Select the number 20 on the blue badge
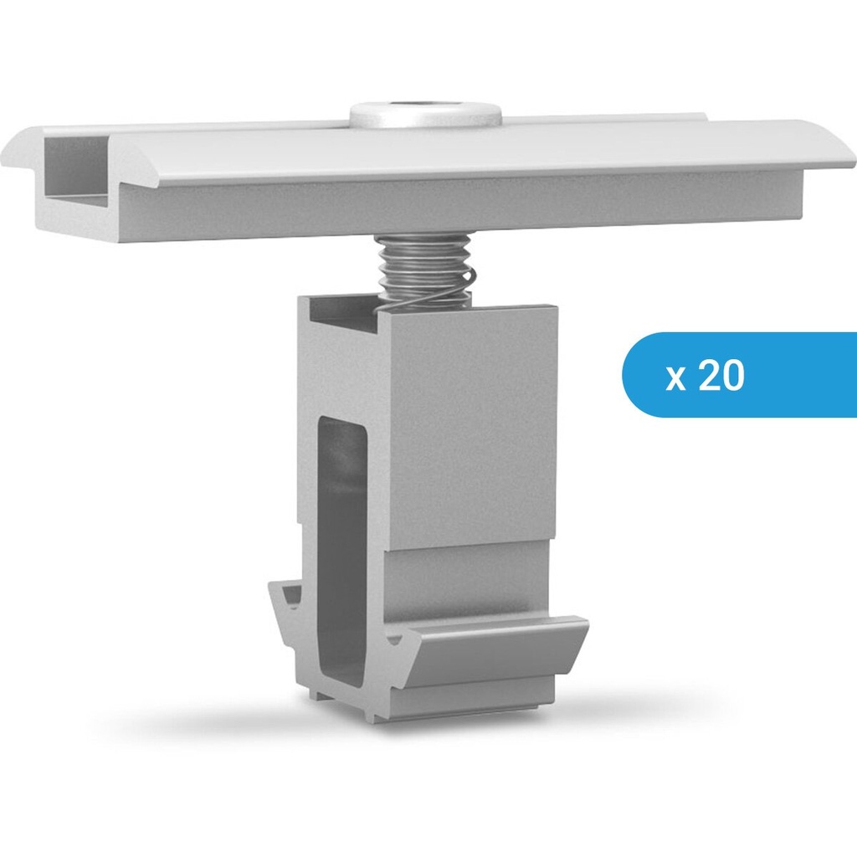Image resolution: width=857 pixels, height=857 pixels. click(721, 376)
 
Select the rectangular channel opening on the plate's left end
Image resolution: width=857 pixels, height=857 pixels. click(75, 167)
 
